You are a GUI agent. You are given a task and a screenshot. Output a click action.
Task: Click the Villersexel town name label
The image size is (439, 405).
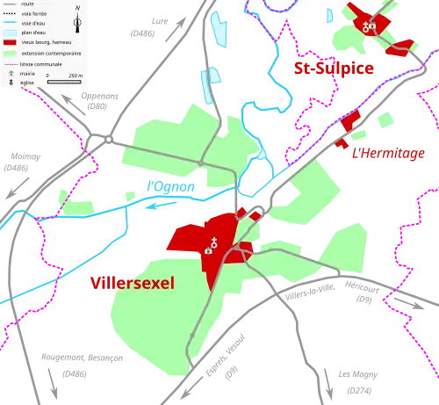point(133,283)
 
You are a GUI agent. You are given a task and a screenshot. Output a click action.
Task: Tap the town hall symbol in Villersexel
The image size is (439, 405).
point(207,250)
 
